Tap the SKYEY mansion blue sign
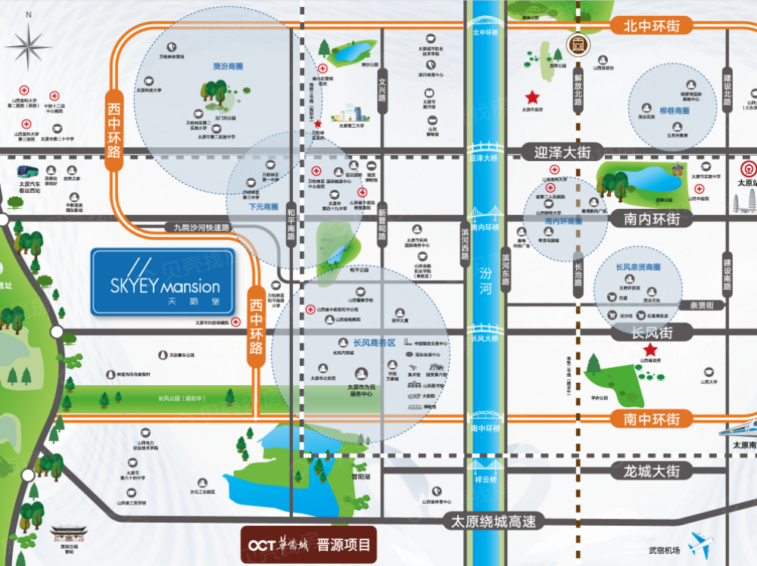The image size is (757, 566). [x=164, y=282]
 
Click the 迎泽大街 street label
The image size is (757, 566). [x=561, y=152]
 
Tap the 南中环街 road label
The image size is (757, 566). [x=652, y=418]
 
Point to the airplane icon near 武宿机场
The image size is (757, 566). [x=701, y=543]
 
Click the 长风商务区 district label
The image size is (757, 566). [x=368, y=342]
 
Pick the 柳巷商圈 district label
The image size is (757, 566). [x=674, y=110]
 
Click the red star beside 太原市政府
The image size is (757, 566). [x=533, y=97]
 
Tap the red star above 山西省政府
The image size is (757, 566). [x=650, y=350]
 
